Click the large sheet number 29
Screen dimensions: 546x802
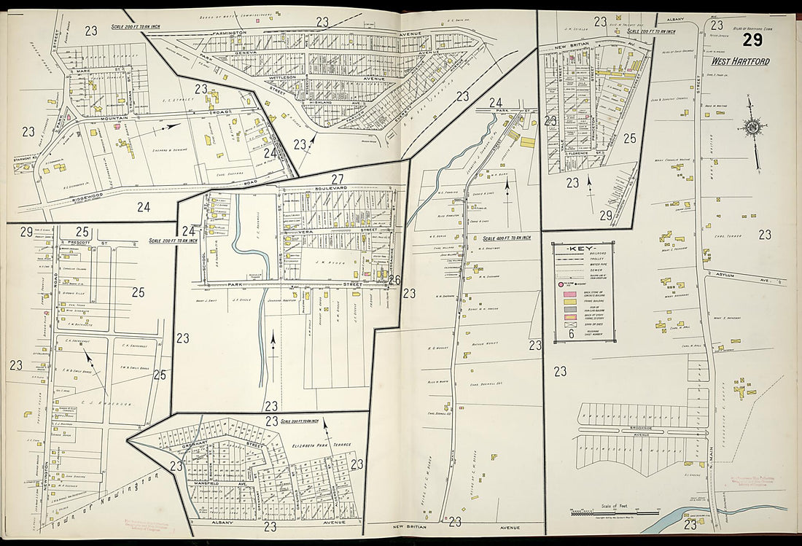click(x=753, y=40)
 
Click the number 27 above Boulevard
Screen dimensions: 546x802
click(x=337, y=179)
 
